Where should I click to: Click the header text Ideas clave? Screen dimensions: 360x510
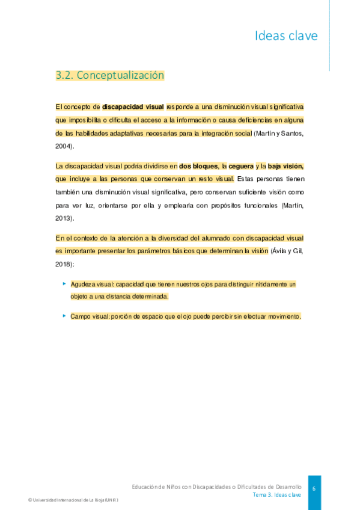(286, 35)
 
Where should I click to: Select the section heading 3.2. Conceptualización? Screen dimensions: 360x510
(109, 76)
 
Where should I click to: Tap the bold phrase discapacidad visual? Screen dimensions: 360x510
(133, 106)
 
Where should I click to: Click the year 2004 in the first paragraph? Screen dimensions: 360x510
(63, 146)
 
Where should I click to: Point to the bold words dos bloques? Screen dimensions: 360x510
(198, 165)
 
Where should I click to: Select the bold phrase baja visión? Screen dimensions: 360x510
(285, 165)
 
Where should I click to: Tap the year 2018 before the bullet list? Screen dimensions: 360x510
(63, 263)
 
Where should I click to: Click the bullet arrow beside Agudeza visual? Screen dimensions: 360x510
(64, 283)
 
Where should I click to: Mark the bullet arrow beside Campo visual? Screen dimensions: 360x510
(64, 315)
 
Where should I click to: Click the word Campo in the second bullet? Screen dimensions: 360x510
(80, 316)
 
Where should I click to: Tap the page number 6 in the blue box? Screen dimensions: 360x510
(313, 488)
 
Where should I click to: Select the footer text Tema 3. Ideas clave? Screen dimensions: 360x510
(276, 494)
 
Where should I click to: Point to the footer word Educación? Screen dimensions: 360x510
(146, 486)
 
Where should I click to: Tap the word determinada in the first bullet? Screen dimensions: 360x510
(149, 296)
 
